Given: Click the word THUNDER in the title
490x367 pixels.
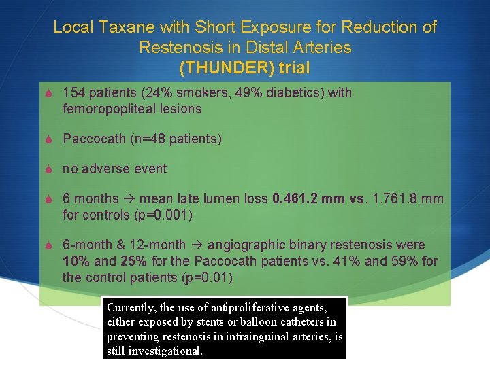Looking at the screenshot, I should [216, 68].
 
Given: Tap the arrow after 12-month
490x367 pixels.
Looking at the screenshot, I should [197, 245].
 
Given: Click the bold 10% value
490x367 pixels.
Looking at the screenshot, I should [76, 261].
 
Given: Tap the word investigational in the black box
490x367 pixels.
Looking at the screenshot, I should [168, 351].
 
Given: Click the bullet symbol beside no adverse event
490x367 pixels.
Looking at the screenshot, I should [48, 169].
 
